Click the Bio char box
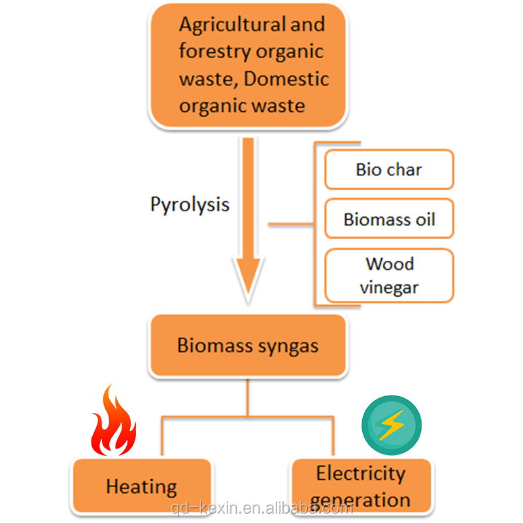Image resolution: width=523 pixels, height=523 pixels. (x=389, y=170)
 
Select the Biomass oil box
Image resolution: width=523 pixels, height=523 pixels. (x=389, y=218)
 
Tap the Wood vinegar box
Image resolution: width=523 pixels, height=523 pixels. (x=389, y=275)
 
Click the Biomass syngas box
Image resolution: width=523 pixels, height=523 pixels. (x=248, y=345)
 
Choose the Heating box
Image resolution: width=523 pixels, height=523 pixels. (x=142, y=487)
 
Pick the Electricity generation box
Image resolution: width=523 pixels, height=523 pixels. (x=361, y=486)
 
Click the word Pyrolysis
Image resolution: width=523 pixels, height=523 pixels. (x=190, y=204)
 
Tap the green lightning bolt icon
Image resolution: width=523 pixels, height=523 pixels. (x=392, y=426)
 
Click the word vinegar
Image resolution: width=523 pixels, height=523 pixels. (x=389, y=286)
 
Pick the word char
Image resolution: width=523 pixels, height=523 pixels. (x=404, y=170)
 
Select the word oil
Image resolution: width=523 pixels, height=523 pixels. (x=425, y=218)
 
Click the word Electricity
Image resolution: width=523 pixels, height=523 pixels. (x=361, y=473)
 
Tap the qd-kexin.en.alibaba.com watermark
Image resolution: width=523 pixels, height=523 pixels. (x=261, y=508)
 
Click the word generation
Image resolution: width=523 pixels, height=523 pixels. (x=361, y=500)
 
